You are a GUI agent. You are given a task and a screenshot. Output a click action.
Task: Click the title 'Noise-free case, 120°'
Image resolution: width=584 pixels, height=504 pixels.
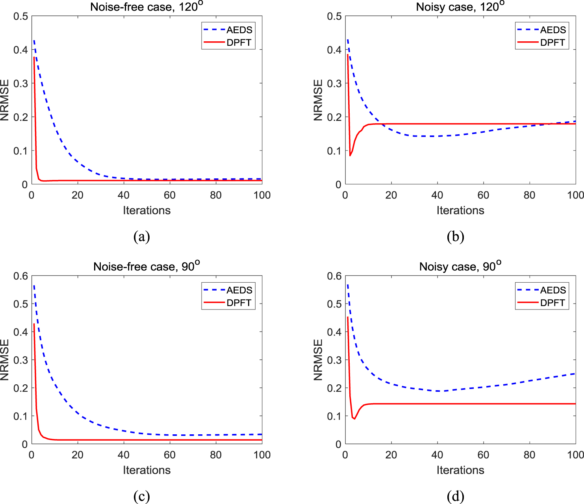pos(146,7)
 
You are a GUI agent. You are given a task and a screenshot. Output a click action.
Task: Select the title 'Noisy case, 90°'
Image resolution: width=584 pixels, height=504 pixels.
pos(460,267)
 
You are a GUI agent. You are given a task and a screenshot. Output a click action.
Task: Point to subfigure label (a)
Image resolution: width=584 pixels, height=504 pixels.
pos(142,237)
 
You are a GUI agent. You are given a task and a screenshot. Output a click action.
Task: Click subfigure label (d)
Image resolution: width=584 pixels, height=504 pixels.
pos(456,496)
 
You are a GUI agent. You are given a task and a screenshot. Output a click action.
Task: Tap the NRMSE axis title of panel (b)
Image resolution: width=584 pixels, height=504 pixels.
pos(318,100)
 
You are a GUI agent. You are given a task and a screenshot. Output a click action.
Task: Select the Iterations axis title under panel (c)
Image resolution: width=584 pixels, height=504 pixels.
pos(146,470)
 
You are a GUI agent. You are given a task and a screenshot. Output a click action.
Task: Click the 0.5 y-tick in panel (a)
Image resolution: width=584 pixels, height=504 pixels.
pos(20,16)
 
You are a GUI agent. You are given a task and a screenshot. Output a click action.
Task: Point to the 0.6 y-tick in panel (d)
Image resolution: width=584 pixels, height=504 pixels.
pos(334,276)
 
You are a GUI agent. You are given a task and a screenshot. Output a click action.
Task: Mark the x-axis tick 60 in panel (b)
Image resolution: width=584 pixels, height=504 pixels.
pos(483,195)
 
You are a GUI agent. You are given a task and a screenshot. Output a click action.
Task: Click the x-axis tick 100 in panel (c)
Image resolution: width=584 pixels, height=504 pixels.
pos(262,455)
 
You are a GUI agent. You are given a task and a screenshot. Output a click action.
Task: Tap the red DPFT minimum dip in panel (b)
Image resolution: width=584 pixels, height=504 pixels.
pos(350,156)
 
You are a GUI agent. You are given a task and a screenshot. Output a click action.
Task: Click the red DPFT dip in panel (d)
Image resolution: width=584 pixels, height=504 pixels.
pos(354,419)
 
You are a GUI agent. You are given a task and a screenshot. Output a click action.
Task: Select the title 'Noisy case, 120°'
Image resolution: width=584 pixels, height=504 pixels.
pos(460,7)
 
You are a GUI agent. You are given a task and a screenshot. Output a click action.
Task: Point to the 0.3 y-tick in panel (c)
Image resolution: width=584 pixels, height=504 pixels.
pos(20,360)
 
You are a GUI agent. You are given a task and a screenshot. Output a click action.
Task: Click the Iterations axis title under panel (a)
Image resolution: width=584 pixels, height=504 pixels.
pos(146,210)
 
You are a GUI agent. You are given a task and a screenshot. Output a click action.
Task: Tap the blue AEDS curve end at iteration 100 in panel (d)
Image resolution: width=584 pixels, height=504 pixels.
pos(575,374)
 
